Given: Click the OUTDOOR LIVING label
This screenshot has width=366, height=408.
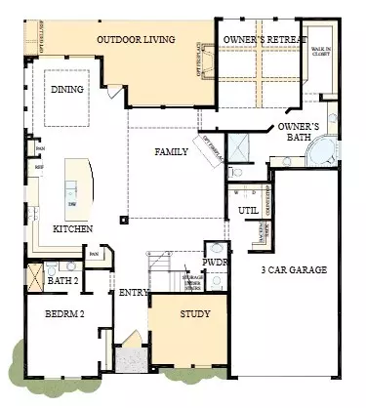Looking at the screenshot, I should (136, 39).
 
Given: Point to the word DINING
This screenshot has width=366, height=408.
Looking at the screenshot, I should (66, 90).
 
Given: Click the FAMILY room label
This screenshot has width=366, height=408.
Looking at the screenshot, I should (171, 151).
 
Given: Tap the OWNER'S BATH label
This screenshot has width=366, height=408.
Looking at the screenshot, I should (300, 134).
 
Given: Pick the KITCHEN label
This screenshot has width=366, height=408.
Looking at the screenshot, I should (73, 227).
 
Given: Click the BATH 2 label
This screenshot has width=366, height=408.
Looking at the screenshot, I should (64, 281).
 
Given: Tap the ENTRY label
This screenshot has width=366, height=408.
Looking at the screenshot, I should (133, 292).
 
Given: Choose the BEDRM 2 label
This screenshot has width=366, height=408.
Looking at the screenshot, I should (63, 315).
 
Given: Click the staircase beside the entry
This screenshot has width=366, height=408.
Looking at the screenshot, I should (166, 273).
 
